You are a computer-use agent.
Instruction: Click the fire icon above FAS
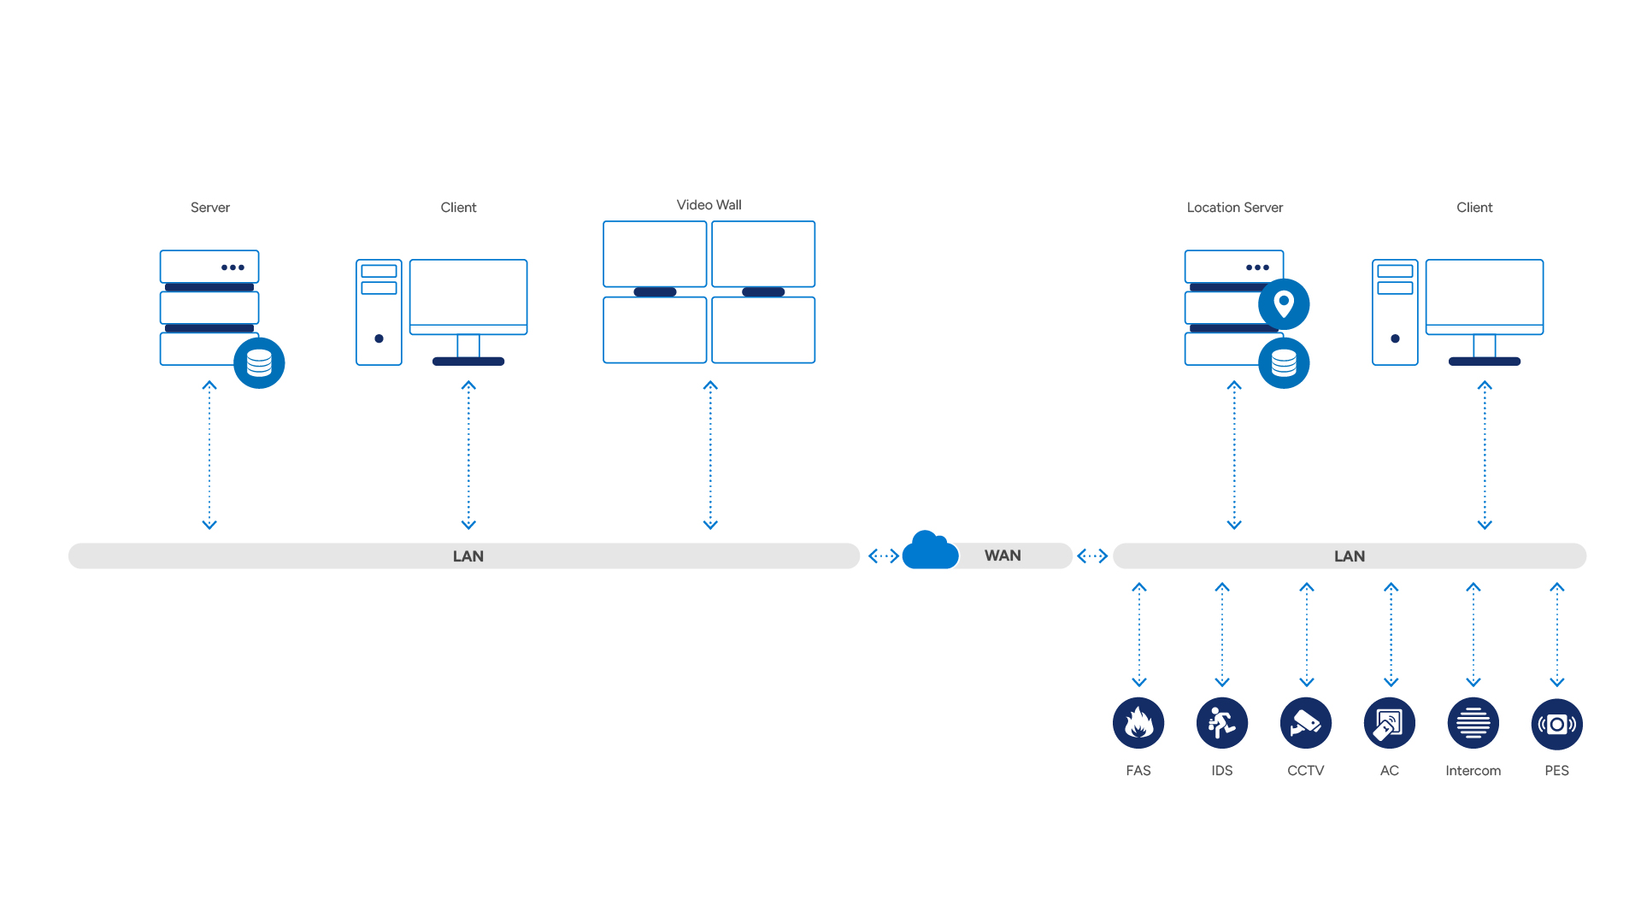[x=1138, y=724]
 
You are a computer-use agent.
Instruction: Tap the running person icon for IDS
[x=1222, y=724]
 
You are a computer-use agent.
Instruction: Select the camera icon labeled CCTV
[x=1306, y=724]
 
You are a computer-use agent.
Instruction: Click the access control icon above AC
[x=1390, y=724]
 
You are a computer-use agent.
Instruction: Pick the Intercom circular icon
[x=1473, y=724]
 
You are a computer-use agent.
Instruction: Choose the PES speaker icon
[x=1557, y=724]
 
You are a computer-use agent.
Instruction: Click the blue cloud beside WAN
[x=930, y=551]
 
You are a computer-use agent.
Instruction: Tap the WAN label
[x=1003, y=556]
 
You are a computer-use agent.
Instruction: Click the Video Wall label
[x=709, y=205]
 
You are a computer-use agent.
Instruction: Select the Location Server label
[x=1234, y=208]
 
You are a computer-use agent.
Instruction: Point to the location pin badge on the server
[x=1284, y=304]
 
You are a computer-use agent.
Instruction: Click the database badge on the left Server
[x=259, y=363]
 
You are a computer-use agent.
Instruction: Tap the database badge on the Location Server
[x=1284, y=363]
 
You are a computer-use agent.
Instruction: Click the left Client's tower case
[x=379, y=312]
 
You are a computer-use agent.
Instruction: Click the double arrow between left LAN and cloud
[x=883, y=556]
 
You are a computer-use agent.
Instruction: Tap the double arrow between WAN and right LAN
[x=1092, y=556]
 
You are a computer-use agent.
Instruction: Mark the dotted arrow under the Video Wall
[x=710, y=456]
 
